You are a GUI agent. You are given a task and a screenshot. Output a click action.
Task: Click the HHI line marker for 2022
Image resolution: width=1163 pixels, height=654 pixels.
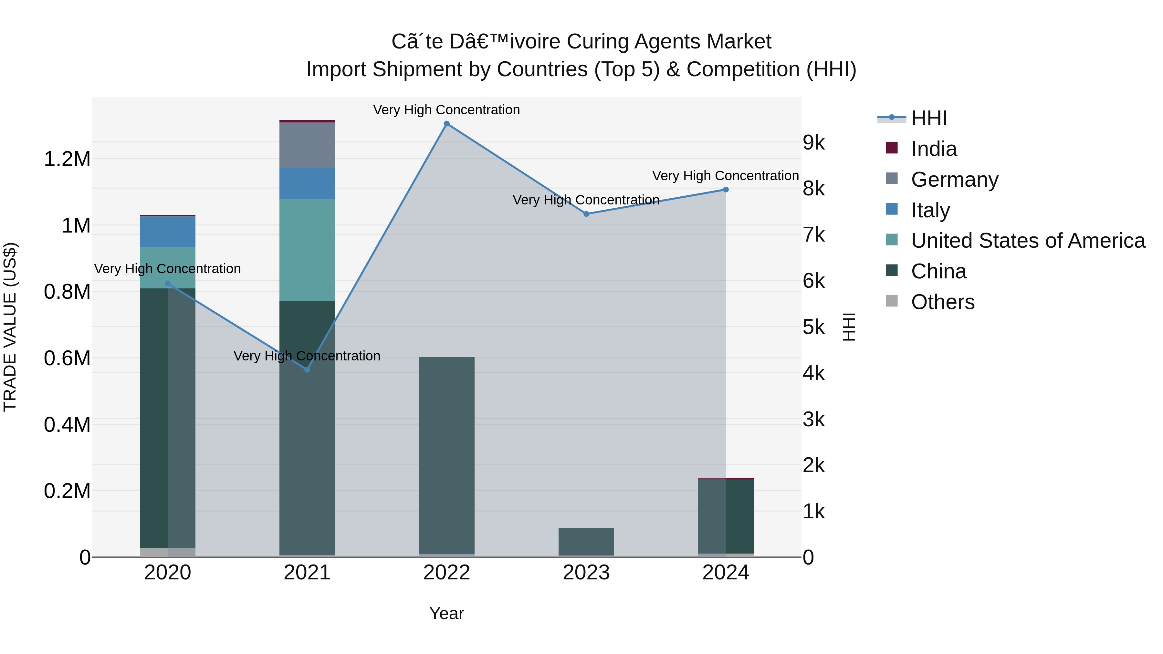tap(446, 124)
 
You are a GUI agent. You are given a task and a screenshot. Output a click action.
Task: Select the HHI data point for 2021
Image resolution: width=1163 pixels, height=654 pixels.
tap(307, 370)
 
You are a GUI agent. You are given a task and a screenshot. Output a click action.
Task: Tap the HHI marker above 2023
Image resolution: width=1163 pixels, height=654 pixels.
tap(586, 214)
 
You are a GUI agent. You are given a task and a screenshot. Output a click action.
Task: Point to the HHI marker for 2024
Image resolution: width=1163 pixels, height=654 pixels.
tap(726, 190)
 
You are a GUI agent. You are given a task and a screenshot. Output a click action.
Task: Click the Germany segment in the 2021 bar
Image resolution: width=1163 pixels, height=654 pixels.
tap(307, 145)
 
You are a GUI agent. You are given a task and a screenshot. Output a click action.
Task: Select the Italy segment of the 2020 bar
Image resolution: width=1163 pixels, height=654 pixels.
tap(167, 232)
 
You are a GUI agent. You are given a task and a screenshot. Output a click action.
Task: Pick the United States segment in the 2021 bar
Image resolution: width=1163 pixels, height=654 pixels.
tap(307, 250)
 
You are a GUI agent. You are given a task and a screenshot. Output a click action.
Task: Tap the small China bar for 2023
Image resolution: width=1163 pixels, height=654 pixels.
tap(586, 541)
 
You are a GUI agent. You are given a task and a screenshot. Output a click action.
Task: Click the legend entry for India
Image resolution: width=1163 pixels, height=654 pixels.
tap(934, 149)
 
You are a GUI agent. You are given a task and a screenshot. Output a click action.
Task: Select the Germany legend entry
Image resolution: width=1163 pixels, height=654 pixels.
tap(954, 180)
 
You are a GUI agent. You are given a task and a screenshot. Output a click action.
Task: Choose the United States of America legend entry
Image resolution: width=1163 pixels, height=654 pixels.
tap(1028, 241)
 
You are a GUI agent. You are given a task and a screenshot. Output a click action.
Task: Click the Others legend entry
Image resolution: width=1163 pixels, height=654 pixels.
tap(942, 302)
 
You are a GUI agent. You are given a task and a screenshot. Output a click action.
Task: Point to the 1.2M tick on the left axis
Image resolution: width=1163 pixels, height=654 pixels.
tap(67, 159)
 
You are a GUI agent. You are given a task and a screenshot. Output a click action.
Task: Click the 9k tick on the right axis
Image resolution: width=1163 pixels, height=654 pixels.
tap(813, 143)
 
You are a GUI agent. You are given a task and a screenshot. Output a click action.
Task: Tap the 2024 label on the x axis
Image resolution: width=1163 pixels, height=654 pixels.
tap(726, 573)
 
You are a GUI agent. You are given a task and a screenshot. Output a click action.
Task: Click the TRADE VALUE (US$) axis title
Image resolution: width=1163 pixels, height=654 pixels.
tap(10, 327)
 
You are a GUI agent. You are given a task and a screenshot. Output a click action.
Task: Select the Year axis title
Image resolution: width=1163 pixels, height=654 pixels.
tap(446, 613)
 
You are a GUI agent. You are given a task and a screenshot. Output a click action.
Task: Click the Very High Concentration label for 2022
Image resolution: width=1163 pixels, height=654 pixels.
tap(446, 110)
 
